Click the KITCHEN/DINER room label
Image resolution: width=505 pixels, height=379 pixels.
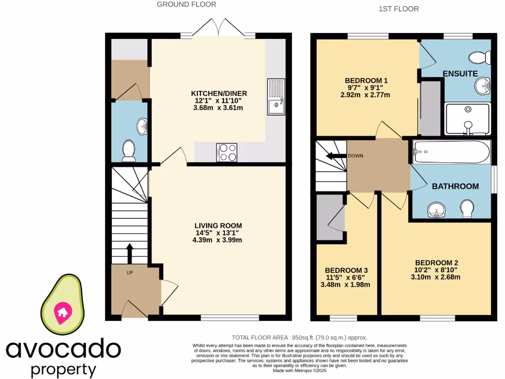pos(219,93)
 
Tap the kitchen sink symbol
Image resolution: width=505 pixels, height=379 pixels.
pos(276,97)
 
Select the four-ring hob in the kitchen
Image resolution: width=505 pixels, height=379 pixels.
pos(226,152)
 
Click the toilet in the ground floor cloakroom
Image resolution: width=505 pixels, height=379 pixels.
pos(129,151)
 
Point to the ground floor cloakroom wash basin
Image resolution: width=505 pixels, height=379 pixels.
pos(142,126)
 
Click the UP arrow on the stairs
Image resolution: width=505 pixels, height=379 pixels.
pos(130,253)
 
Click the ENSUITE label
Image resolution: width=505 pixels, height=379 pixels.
pos(460,74)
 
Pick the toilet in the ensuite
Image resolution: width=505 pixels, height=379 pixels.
pos(479,58)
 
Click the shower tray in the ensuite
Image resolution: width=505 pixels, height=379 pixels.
pos(467,118)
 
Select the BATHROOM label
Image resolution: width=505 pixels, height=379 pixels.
pos(455,186)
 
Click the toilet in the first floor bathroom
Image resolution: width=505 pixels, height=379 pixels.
pos(467,209)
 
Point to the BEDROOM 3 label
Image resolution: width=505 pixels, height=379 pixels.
pos(346,270)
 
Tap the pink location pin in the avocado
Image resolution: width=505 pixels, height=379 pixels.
pos(63,312)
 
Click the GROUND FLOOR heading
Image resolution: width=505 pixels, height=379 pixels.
pos(186,4)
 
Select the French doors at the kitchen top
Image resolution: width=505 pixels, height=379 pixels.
pos(218,28)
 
